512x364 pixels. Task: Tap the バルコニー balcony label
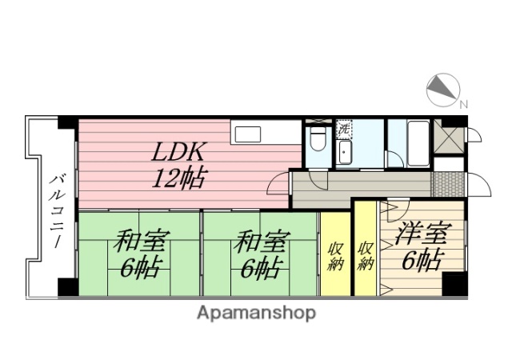tap(57, 205)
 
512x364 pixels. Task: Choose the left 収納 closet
tap(335, 253)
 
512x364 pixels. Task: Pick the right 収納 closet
tap(365, 253)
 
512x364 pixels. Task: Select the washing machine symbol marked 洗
tap(344, 127)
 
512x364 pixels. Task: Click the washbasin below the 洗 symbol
tap(345, 151)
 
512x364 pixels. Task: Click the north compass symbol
tap(441, 89)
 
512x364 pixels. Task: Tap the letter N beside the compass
tap(464, 102)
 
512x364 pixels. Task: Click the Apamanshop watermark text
tap(256, 312)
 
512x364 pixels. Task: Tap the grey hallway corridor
tap(360, 184)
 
